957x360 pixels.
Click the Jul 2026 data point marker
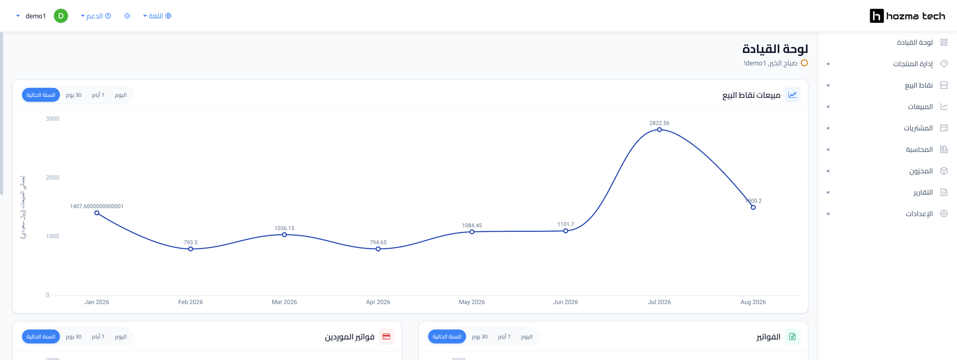(659, 130)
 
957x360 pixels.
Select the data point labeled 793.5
(191, 249)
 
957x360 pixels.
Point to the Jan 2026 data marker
(97, 213)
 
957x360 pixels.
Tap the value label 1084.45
(472, 225)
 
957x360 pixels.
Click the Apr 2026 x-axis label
(378, 302)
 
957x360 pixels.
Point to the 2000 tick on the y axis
(52, 178)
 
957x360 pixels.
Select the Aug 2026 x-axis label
(753, 302)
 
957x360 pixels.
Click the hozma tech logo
(907, 16)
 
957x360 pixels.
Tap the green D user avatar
(61, 16)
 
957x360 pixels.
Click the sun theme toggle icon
(127, 16)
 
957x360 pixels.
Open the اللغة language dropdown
(157, 16)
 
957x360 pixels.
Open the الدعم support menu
(96, 16)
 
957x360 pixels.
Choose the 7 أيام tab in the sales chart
(98, 95)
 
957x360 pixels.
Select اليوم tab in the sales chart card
(121, 95)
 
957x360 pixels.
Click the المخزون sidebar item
(921, 171)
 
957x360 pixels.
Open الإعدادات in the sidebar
(919, 214)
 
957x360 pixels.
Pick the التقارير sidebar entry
(923, 192)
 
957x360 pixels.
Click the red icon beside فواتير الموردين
(386, 337)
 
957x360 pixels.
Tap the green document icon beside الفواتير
(793, 337)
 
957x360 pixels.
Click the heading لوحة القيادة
(775, 49)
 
